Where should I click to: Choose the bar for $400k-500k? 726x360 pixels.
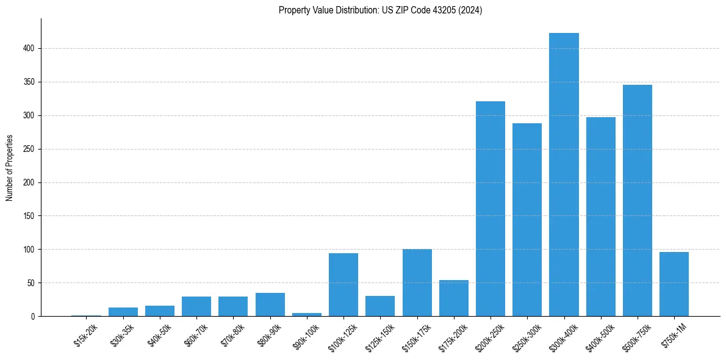(x=600, y=217)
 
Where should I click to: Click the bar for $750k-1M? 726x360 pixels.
(x=674, y=284)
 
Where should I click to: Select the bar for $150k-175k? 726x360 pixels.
(x=417, y=283)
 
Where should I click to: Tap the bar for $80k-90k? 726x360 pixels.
(x=270, y=304)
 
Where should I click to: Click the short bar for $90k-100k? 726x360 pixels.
(x=307, y=314)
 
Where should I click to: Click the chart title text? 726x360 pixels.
(x=380, y=10)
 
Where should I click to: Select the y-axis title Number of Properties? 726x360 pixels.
(x=10, y=168)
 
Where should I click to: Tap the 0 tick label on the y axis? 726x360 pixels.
(x=34, y=317)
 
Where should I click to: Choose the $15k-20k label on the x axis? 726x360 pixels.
(x=86, y=335)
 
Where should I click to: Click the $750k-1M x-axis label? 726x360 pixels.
(x=674, y=335)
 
